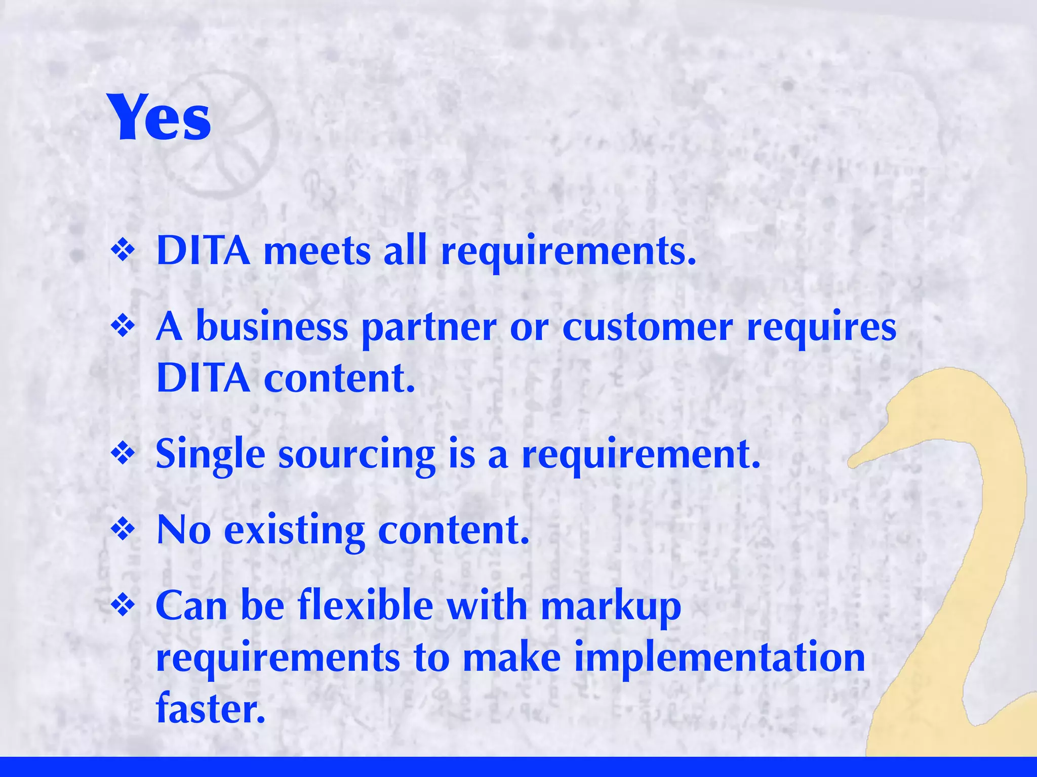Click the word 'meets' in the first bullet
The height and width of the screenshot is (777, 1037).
[317, 251]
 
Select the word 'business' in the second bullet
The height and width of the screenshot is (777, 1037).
[272, 327]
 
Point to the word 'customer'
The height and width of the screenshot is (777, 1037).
[648, 328]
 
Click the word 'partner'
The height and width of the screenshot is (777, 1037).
[429, 329]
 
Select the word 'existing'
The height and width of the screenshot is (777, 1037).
[294, 531]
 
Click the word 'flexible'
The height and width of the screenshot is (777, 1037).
[366, 606]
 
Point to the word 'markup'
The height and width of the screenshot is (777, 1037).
[611, 607]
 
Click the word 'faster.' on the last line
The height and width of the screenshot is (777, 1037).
[211, 708]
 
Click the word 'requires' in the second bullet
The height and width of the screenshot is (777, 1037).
[821, 329]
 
